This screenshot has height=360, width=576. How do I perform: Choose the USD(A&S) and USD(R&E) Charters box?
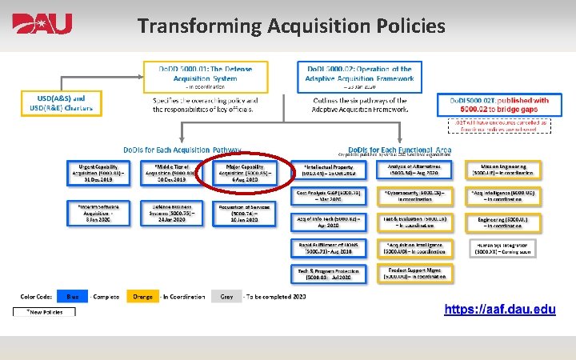61,103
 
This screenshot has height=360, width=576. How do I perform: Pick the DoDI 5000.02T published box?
504,105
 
